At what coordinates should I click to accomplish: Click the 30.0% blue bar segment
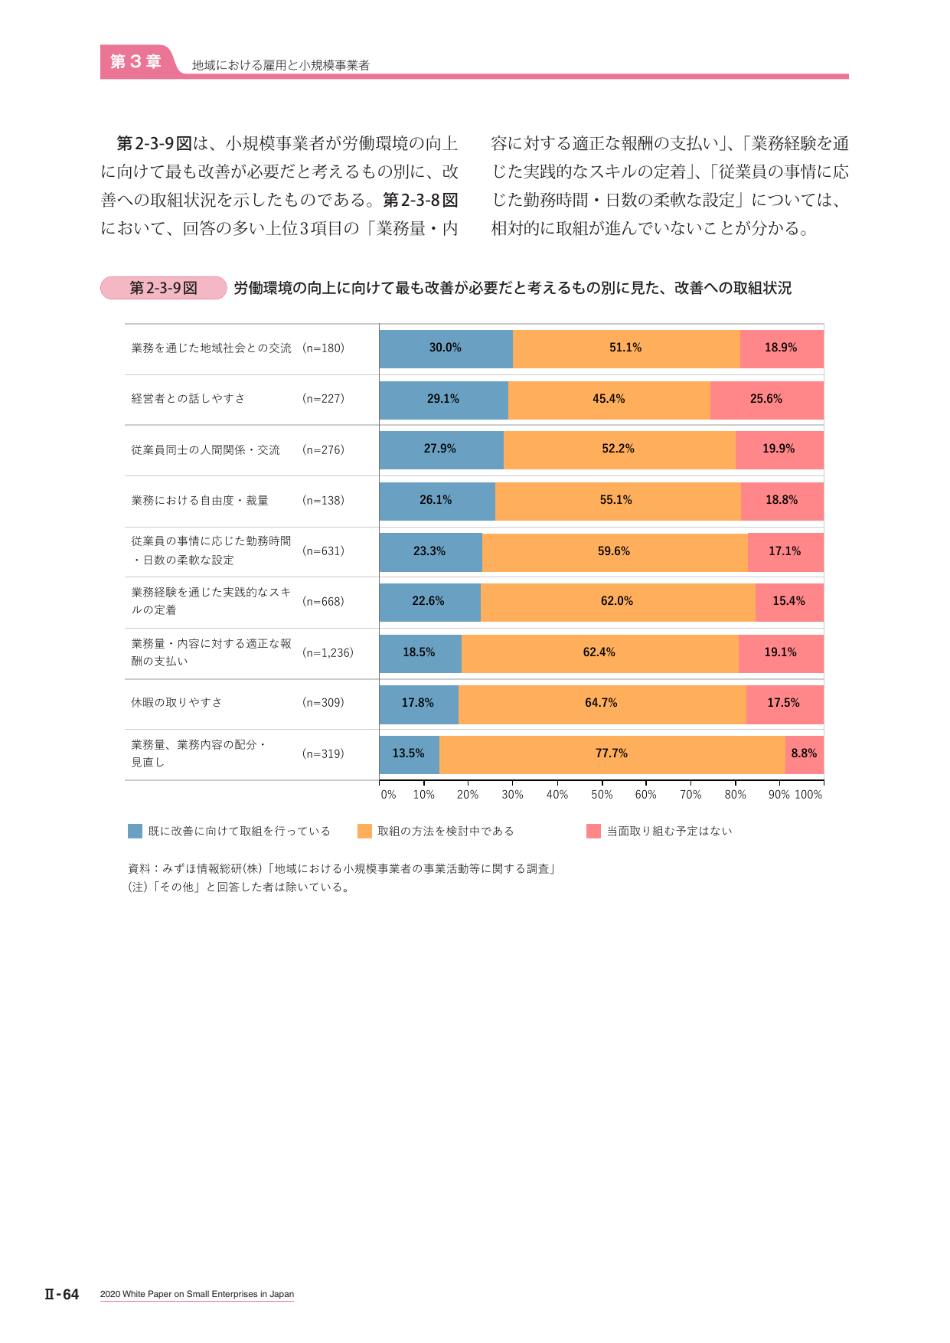[x=446, y=348]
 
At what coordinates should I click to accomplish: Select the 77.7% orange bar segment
[x=612, y=754]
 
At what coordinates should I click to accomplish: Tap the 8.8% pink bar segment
[x=805, y=754]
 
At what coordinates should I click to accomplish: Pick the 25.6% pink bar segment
[x=767, y=400]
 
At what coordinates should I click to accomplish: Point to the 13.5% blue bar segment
[x=410, y=754]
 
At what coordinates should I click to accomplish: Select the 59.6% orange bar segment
[x=615, y=552]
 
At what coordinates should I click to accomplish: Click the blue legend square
[x=135, y=831]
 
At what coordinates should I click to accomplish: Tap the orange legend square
[x=364, y=831]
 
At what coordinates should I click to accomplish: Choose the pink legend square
[x=593, y=831]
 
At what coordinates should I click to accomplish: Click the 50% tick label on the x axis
[x=602, y=795]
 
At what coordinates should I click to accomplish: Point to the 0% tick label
[x=388, y=795]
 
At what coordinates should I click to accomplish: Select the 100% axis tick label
[x=808, y=795]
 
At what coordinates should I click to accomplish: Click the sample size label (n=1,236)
[x=328, y=653]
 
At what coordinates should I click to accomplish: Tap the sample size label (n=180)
[x=323, y=348]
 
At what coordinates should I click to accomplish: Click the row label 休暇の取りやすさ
[x=177, y=703]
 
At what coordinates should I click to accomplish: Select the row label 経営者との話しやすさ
[x=188, y=399]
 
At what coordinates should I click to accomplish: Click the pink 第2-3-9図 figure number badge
[x=164, y=288]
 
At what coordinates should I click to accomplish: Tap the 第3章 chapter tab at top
[x=136, y=61]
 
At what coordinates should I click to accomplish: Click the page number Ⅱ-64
[x=62, y=1294]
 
